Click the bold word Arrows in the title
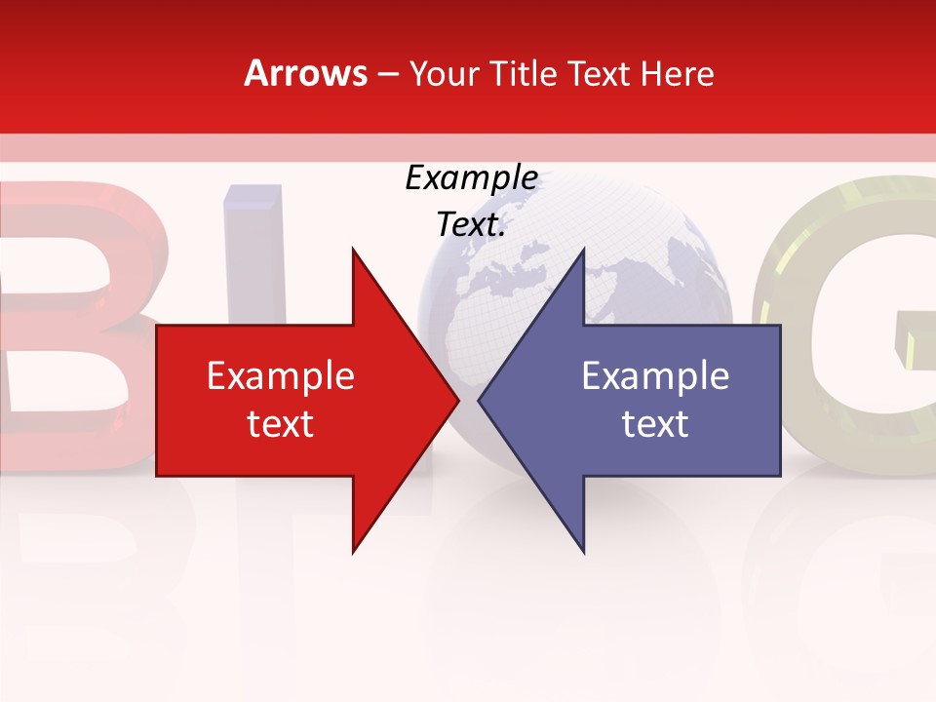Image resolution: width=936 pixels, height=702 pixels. pyautogui.click(x=305, y=73)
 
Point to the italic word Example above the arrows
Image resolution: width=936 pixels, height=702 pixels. pyautogui.click(x=471, y=178)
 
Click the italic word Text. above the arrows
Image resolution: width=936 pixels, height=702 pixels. pyautogui.click(x=471, y=225)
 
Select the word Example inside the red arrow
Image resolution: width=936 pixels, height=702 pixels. pyautogui.click(x=281, y=376)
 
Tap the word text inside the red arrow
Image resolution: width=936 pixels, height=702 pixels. pyautogui.click(x=281, y=424)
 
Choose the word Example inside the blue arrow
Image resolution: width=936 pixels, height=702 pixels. pyautogui.click(x=655, y=376)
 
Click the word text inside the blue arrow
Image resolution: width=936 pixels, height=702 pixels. pyautogui.click(x=655, y=424)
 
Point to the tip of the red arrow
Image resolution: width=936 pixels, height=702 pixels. pyautogui.click(x=457, y=400)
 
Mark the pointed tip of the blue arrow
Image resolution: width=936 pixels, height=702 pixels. pyautogui.click(x=480, y=400)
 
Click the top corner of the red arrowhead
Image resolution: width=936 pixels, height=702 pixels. pyautogui.click(x=353, y=250)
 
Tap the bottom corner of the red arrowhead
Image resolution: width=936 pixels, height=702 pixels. pyautogui.click(x=353, y=552)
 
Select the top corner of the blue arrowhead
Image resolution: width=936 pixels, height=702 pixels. pyautogui.click(x=583, y=250)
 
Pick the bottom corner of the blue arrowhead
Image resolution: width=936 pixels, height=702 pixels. pyautogui.click(x=583, y=552)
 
